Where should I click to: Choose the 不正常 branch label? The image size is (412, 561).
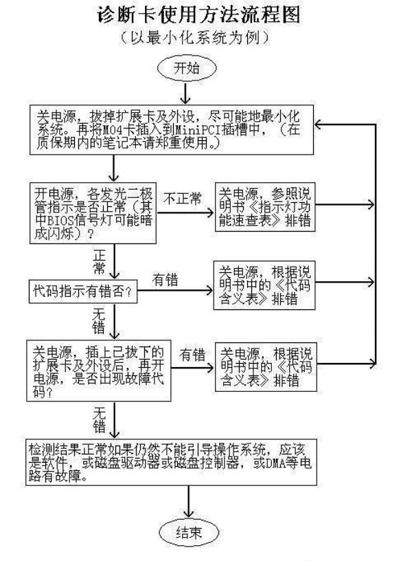(x=183, y=199)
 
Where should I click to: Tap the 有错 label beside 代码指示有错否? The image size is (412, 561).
(x=165, y=280)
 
